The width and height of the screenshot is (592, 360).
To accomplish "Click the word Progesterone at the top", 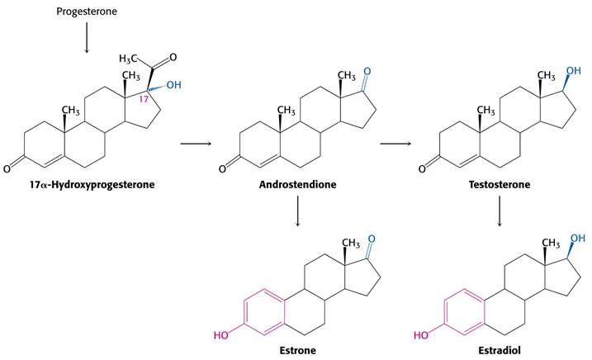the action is click(x=87, y=12).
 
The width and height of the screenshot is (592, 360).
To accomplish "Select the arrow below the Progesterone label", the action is click(x=87, y=38).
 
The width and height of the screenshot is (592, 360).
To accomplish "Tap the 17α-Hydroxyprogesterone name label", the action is click(x=92, y=185).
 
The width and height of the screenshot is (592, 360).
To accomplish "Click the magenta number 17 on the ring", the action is click(x=144, y=99).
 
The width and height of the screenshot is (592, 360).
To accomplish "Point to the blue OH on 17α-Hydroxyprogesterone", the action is click(x=173, y=85).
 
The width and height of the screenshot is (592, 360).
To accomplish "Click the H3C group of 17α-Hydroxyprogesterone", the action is click(x=128, y=59).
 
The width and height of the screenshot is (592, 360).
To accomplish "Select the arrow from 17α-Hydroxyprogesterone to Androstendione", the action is click(x=196, y=144).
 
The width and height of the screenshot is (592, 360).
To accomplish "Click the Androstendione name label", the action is click(x=297, y=185).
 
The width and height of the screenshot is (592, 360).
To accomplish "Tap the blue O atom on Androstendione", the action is click(x=367, y=72).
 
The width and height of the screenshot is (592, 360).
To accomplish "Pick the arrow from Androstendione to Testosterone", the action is click(x=395, y=144).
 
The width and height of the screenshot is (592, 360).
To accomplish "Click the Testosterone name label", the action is click(x=500, y=185).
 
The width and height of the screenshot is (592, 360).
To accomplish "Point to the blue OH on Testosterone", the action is click(x=573, y=71).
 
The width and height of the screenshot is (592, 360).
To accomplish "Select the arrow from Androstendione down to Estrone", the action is click(x=298, y=211).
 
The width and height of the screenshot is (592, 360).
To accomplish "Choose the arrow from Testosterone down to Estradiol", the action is click(x=500, y=211).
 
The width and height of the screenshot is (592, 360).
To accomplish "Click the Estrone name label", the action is click(x=297, y=351).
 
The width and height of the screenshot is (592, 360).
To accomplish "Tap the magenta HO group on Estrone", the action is click(x=221, y=335).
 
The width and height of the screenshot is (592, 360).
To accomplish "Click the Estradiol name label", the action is click(x=500, y=351).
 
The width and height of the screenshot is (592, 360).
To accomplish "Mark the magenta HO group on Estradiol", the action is click(x=421, y=335).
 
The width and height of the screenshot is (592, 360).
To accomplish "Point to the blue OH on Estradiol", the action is click(x=578, y=238).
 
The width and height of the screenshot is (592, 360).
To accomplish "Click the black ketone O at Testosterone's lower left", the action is click(x=422, y=168).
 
